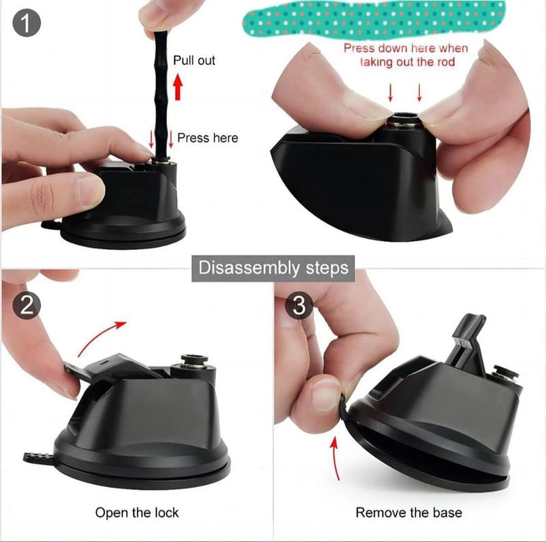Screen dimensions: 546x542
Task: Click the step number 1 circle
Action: (26, 23)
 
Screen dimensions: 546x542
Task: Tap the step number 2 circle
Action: (26, 306)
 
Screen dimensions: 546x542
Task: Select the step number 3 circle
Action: (299, 306)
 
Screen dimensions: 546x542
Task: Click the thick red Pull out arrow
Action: (178, 87)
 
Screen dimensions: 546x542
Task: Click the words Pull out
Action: (194, 60)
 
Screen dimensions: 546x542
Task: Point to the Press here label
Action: (208, 138)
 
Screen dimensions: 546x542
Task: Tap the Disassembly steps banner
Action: (273, 268)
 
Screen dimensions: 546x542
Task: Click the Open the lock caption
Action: (137, 512)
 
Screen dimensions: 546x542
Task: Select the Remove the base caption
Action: (409, 512)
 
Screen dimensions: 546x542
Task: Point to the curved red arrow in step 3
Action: (335, 459)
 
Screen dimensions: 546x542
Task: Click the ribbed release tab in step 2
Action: (38, 457)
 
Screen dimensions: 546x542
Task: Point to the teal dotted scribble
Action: (374, 18)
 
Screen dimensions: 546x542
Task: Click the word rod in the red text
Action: (446, 62)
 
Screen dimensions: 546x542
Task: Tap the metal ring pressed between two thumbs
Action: (404, 119)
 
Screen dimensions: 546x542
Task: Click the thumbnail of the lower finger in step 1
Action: (89, 190)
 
